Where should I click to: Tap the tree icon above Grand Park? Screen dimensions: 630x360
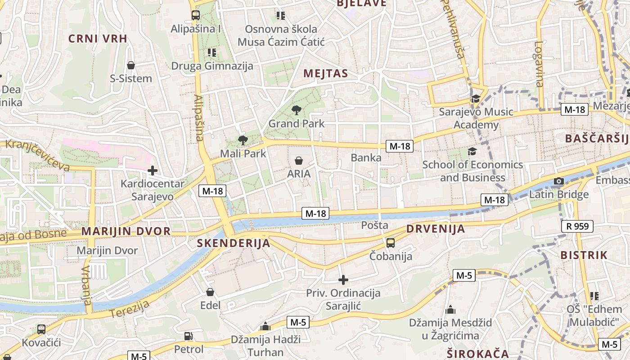(296, 109)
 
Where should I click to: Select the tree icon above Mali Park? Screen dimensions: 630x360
(243, 140)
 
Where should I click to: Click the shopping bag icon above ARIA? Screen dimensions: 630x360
(298, 160)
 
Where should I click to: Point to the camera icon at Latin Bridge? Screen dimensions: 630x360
(559, 181)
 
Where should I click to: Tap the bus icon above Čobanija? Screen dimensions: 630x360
(391, 243)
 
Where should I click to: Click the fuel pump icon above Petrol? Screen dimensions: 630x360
(189, 336)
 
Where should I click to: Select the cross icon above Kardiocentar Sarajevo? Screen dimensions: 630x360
(153, 171)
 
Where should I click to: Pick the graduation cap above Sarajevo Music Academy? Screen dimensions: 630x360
(475, 99)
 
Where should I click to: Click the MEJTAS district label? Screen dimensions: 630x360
(326, 74)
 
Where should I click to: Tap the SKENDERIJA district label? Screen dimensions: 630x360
(234, 243)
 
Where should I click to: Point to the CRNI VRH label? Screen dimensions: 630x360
(98, 39)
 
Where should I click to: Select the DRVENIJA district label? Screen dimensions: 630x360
(436, 229)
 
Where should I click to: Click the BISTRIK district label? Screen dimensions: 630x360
(584, 255)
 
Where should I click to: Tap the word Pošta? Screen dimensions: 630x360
(374, 225)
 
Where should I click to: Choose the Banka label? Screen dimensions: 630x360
(366, 158)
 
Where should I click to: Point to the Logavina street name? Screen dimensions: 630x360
(539, 64)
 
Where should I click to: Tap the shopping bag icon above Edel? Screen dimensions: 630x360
(210, 292)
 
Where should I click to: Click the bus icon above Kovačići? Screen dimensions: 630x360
(41, 329)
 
